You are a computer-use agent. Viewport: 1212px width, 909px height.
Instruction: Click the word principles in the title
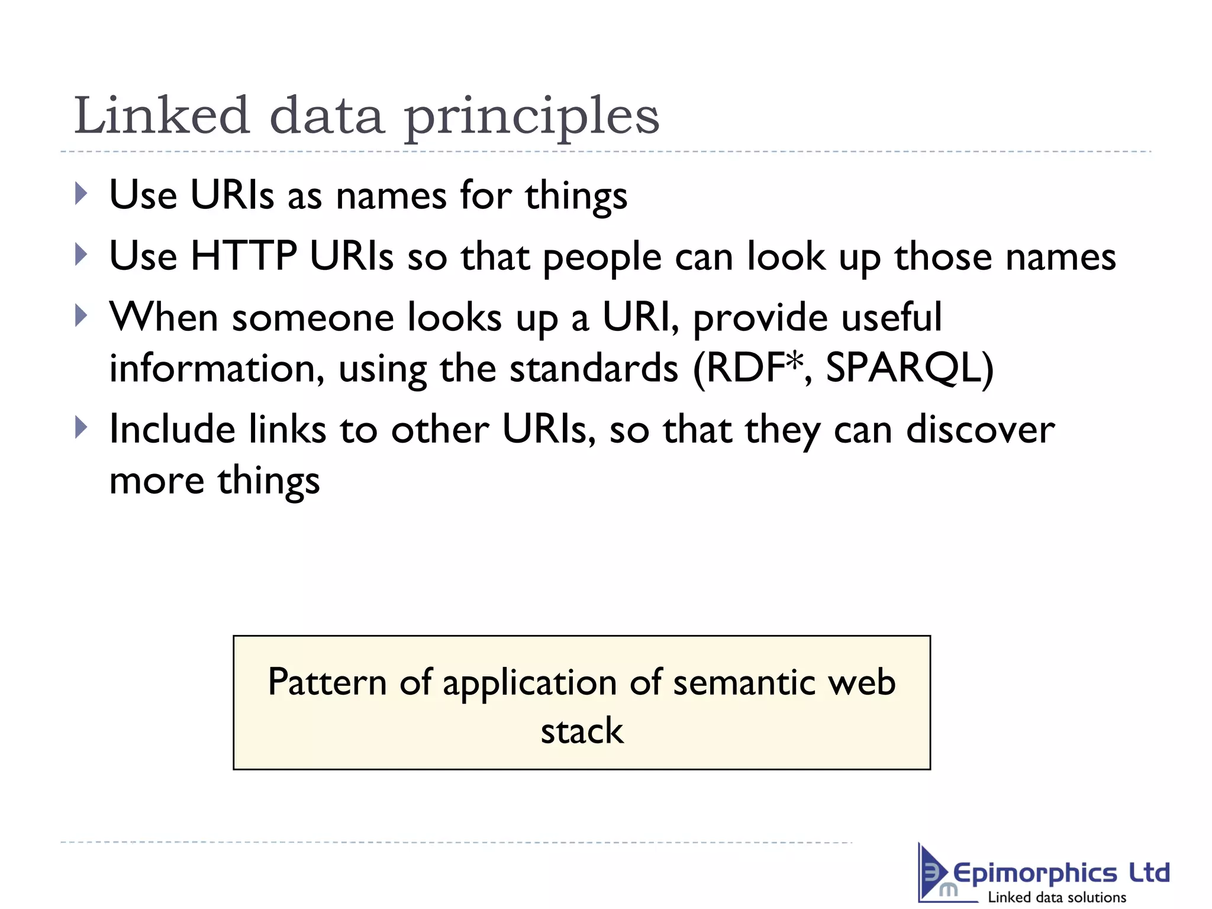tap(531, 117)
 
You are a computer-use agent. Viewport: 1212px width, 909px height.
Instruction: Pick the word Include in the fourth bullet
tap(172, 429)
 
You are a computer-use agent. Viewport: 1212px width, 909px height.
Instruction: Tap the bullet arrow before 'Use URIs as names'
tap(82, 194)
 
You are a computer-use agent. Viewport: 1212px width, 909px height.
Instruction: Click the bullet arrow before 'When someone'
tap(82, 315)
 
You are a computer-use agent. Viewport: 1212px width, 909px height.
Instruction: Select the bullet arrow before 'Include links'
tap(82, 427)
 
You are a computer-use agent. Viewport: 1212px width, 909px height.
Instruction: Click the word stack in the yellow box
tap(582, 731)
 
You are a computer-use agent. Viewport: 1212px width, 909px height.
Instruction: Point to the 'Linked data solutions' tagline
tap(1057, 897)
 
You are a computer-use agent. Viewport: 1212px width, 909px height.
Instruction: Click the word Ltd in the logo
tap(1149, 872)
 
